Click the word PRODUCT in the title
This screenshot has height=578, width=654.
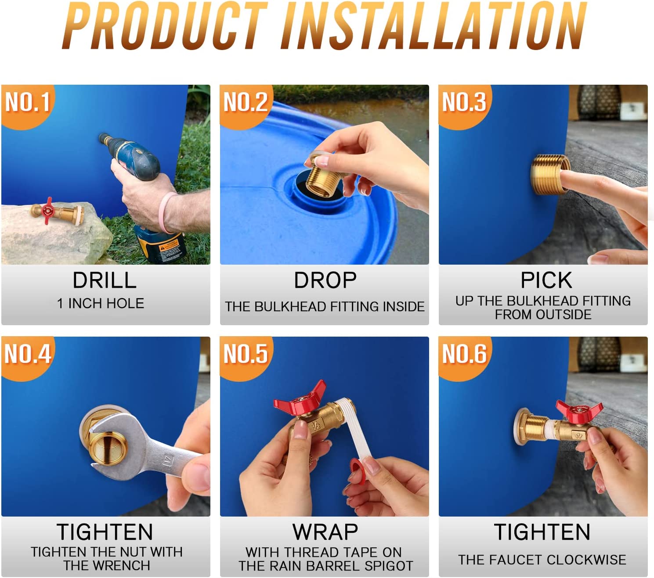pyautogui.click(x=165, y=26)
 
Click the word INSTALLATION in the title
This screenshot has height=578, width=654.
pyautogui.click(x=433, y=26)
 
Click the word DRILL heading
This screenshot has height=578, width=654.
pyautogui.click(x=105, y=280)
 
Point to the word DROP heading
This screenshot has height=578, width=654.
pyautogui.click(x=325, y=280)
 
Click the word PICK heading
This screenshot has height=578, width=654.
pyautogui.click(x=546, y=280)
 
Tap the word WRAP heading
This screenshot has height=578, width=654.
pyautogui.click(x=325, y=532)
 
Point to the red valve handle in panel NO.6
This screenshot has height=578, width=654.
pyautogui.click(x=579, y=411)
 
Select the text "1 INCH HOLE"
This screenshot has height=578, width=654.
pyautogui.click(x=101, y=303)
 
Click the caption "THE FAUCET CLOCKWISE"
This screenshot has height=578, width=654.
pyautogui.click(x=542, y=560)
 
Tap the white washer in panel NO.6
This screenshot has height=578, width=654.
pyautogui.click(x=518, y=427)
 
